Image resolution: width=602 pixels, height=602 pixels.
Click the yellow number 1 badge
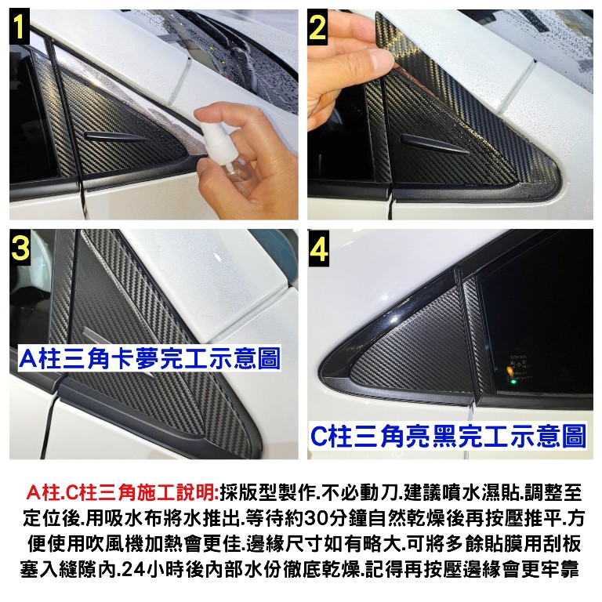(19, 27)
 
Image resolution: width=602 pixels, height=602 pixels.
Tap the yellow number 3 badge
(20, 247)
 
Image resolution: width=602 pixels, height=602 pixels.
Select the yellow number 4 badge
(319, 248)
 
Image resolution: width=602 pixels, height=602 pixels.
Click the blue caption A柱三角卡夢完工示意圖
(150, 357)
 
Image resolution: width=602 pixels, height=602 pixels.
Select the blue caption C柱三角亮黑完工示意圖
(448, 436)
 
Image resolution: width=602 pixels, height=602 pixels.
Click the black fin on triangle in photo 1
(115, 136)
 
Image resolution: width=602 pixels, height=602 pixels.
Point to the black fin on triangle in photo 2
(433, 144)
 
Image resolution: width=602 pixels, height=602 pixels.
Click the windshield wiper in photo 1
(234, 50)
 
